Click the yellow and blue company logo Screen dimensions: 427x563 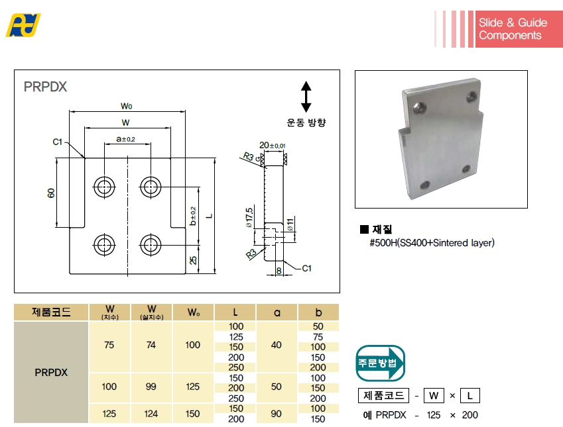tap(23, 25)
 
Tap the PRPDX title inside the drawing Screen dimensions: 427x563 tap(45, 86)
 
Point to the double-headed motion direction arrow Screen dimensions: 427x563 tap(306, 97)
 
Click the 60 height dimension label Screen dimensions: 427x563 tap(50, 193)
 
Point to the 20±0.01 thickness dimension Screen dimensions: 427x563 tap(272, 145)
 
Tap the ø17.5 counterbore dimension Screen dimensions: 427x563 tap(249, 216)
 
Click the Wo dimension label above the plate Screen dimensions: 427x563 tap(127, 105)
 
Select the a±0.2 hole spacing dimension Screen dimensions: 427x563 tap(125, 139)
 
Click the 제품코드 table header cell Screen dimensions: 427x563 tap(51, 312)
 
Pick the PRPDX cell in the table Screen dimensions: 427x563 tap(51, 372)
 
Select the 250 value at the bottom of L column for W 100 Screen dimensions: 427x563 tap(235, 398)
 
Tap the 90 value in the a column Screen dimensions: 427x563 tap(277, 413)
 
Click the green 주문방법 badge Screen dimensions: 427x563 tap(381, 363)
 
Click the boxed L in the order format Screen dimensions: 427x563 tap(469, 396)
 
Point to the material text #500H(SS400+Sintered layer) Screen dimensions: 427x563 tap(432, 243)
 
